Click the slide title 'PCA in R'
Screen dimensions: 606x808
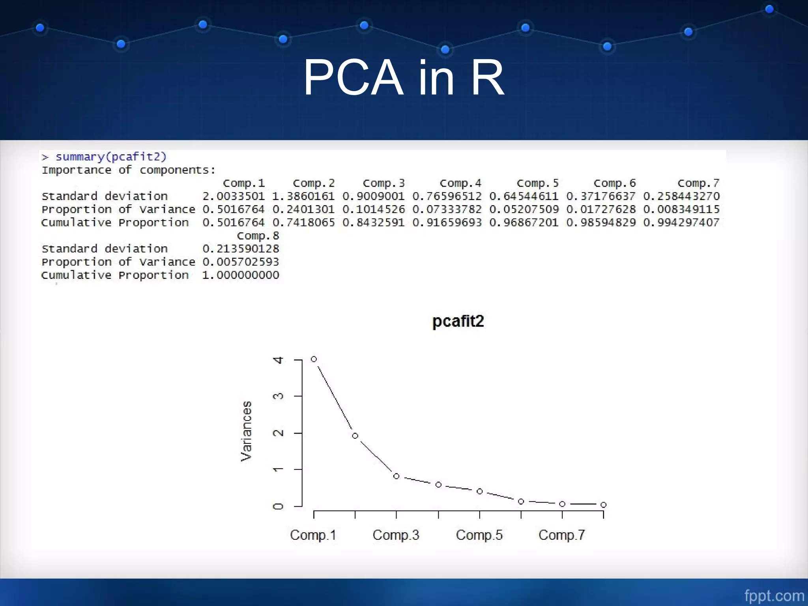[x=403, y=78]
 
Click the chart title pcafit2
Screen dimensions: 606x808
[x=458, y=321]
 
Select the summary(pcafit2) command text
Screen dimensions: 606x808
[x=111, y=157]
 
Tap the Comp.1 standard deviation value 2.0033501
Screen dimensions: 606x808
[x=233, y=196]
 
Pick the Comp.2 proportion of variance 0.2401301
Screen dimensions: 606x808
[x=303, y=209]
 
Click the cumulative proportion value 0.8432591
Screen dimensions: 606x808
[x=373, y=223]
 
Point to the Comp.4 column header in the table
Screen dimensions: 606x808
[x=460, y=183]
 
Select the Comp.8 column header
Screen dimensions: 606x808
[x=258, y=236]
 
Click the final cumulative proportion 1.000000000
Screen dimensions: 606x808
[x=241, y=275]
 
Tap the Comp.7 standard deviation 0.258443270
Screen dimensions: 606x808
[x=681, y=196]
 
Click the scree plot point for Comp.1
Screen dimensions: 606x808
[x=314, y=359]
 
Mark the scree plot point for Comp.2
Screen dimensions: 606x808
[x=355, y=436]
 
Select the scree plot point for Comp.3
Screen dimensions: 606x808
[x=397, y=476]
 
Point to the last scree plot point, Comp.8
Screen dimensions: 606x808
[x=603, y=505]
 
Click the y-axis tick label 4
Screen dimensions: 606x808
[x=279, y=360]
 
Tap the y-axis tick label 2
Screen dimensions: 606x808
[x=279, y=433]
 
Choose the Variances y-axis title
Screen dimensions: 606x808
[x=246, y=431]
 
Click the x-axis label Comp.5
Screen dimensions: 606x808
[x=479, y=535]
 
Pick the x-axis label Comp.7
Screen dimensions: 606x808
[x=562, y=535]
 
